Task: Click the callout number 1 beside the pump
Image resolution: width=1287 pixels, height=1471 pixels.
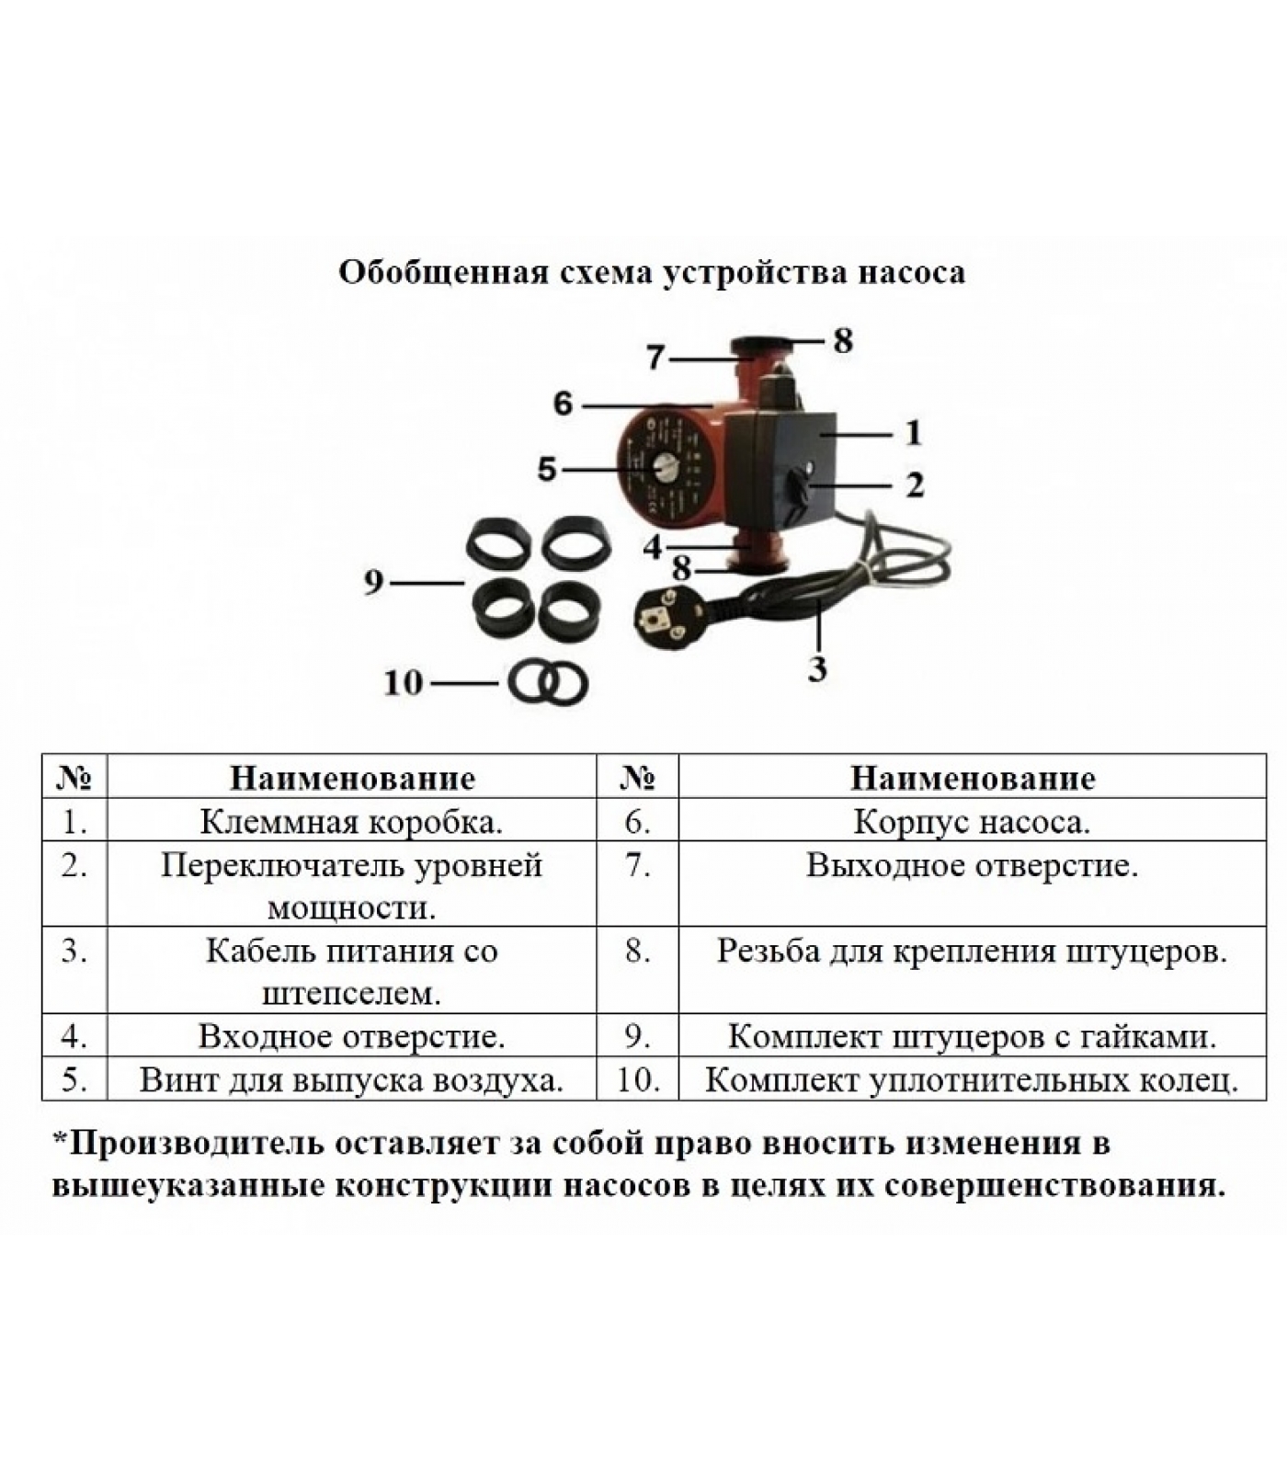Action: coord(913,432)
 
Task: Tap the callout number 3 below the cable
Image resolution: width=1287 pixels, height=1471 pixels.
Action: coord(817,668)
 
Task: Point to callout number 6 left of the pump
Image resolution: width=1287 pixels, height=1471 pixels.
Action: coord(563,404)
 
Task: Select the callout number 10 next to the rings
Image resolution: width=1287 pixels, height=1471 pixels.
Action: coord(403,683)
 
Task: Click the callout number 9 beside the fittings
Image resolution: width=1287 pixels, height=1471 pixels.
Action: coord(373,582)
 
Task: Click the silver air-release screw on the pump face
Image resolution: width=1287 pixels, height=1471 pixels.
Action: coord(662,469)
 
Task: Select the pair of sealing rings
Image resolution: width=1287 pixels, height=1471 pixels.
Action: coord(548,684)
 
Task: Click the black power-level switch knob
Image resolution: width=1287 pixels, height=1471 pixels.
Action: coord(797,490)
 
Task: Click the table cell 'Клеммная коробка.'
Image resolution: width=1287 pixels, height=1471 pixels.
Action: coord(351,821)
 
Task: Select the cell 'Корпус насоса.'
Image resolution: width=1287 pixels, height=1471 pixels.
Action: coord(972,821)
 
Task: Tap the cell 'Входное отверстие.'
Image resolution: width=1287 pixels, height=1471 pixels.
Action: coord(351,1036)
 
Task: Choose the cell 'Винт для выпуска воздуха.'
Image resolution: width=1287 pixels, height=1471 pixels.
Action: coord(351,1078)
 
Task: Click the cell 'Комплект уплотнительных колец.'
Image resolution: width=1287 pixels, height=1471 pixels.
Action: coord(972,1078)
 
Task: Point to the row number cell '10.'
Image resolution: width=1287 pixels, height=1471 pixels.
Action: coord(637,1078)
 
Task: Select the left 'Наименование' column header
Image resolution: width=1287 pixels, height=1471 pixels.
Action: coord(351,778)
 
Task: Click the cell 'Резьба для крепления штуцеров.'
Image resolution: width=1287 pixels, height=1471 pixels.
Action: coord(972,969)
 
